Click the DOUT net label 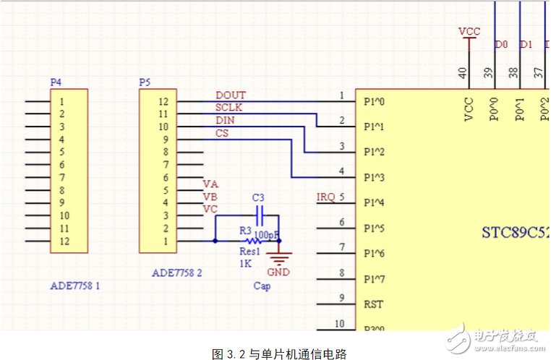tap(231, 95)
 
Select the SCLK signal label tap(230, 108)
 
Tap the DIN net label tap(225, 120)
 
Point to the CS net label tap(222, 133)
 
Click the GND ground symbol tap(278, 258)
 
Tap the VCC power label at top tap(469, 33)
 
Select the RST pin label tap(373, 304)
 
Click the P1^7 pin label tap(375, 279)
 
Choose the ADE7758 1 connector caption tap(74, 286)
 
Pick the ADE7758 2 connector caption tap(177, 273)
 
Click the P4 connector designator tap(55, 82)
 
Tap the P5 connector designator tap(145, 82)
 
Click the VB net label tap(210, 196)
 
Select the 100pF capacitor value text tap(268, 235)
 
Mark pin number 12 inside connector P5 tap(163, 102)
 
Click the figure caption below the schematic tap(280, 353)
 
